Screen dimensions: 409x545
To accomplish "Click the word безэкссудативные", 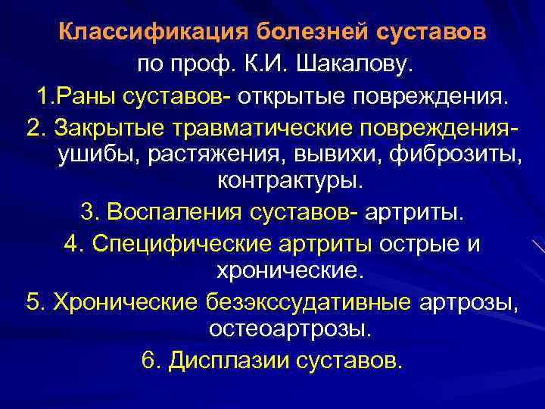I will pyautogui.click(x=308, y=302).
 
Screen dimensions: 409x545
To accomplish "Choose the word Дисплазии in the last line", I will pyautogui.click(x=220, y=360).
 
